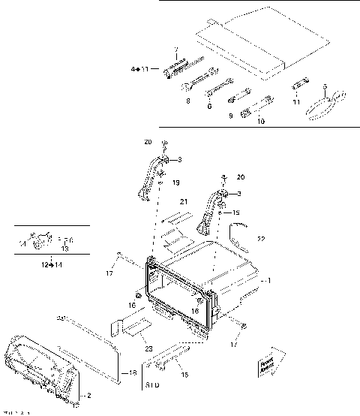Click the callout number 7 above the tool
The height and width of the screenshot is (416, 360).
[176, 50]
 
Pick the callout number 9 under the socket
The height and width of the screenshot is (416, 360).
[232, 115]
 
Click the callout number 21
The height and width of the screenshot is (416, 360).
[182, 202]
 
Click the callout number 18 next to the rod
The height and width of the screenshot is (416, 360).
[133, 372]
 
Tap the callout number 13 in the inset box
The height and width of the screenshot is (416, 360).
[64, 249]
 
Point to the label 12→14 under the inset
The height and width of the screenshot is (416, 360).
[51, 265]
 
